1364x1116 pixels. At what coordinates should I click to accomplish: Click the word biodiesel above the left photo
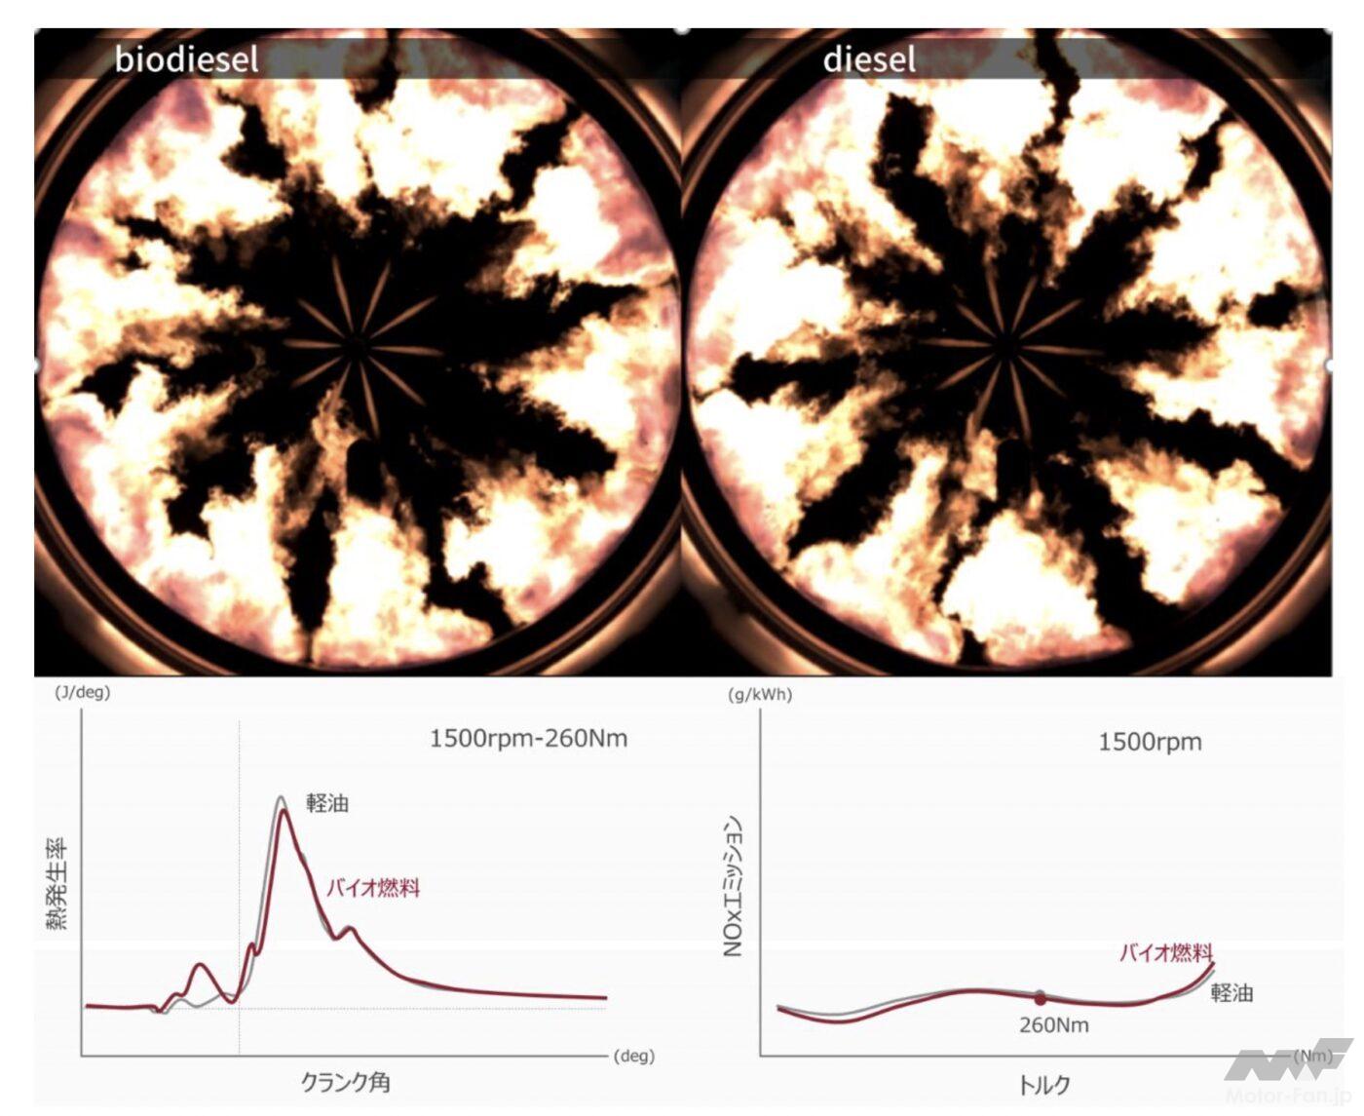[x=187, y=59]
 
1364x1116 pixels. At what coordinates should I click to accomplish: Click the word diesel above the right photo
[x=869, y=59]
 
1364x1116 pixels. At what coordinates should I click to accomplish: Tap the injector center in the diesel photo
[x=1006, y=342]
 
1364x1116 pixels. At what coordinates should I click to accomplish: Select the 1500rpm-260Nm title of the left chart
[x=528, y=738]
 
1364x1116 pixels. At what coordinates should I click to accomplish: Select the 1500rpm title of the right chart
[x=1150, y=742]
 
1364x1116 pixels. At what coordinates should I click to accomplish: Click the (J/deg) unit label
[x=82, y=692]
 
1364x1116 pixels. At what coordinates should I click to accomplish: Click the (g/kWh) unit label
[x=760, y=695]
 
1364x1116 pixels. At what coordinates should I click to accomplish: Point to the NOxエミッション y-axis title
[x=734, y=886]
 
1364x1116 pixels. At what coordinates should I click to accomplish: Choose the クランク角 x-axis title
[x=345, y=1082]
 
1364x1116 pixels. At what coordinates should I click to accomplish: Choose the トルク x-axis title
[x=1043, y=1085]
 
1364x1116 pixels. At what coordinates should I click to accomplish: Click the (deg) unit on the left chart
[x=633, y=1056]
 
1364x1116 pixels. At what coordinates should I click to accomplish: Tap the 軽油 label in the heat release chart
[x=327, y=803]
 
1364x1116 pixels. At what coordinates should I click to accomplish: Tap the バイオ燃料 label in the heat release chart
[x=373, y=888]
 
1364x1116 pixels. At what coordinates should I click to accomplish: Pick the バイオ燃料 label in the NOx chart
[x=1165, y=952]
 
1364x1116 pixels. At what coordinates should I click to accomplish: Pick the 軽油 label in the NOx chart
[x=1231, y=993]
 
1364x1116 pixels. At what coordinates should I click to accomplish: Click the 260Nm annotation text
[x=1053, y=1025]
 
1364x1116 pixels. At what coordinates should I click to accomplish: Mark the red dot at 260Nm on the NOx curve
[x=1041, y=999]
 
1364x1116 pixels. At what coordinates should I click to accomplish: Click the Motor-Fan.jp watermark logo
[x=1286, y=1072]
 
